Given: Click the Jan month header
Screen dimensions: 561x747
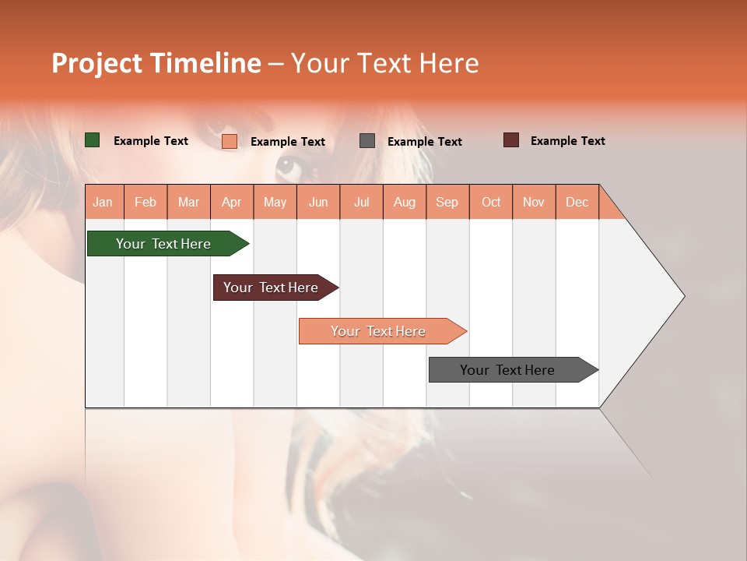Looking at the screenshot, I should pyautogui.click(x=103, y=203).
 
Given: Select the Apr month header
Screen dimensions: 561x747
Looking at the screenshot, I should pyautogui.click(x=232, y=203).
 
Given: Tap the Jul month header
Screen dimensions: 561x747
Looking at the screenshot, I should pyautogui.click(x=361, y=203).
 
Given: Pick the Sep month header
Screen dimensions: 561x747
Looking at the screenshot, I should pyautogui.click(x=447, y=203).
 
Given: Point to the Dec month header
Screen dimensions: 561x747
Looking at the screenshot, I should pyautogui.click(x=577, y=203).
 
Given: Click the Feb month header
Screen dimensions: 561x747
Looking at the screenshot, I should pyautogui.click(x=146, y=203).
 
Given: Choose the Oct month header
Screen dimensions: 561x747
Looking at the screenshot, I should pyautogui.click(x=491, y=203).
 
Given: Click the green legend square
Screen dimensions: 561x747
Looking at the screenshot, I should pyautogui.click(x=93, y=140).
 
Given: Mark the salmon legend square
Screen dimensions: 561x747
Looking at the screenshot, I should pyautogui.click(x=230, y=141).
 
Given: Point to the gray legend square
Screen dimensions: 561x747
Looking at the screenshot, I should pyautogui.click(x=367, y=141).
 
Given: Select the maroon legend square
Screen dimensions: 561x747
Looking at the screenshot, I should pyautogui.click(x=511, y=140).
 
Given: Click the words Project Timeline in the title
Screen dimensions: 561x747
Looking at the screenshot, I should pyautogui.click(x=156, y=63).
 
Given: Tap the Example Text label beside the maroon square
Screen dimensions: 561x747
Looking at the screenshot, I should pyautogui.click(x=567, y=141).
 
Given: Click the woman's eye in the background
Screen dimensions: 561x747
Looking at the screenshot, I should pyautogui.click(x=287, y=164).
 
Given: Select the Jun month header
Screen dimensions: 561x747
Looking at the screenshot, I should pyautogui.click(x=318, y=203).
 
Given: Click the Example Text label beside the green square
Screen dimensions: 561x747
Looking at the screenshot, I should pyautogui.click(x=151, y=141).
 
